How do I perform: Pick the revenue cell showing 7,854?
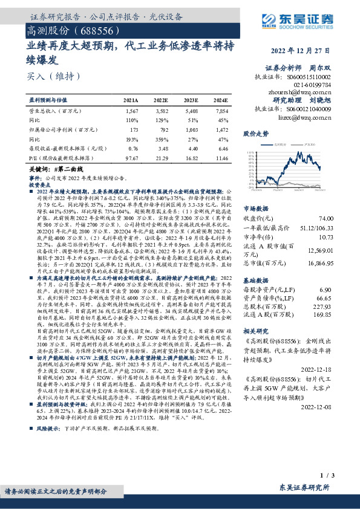click(221, 112)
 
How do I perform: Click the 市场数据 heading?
click(255, 207)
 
